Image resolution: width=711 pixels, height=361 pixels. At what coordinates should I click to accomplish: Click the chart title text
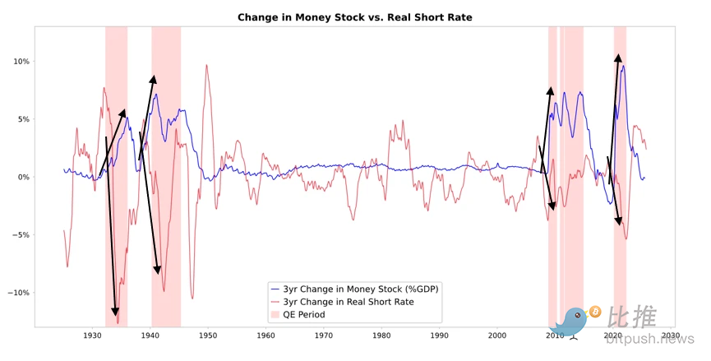coord(355,17)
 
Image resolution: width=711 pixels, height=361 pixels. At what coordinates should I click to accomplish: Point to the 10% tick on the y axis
coord(21,62)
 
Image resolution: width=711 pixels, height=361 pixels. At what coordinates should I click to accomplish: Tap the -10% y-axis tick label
coord(18,293)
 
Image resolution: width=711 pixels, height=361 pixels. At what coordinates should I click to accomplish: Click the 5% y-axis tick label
coord(22,119)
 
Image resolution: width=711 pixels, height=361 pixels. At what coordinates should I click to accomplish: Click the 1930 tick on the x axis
coord(93,336)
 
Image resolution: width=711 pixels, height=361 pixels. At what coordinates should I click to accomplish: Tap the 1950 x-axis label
coord(208,336)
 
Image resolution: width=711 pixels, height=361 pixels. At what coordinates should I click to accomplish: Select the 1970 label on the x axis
coord(324,336)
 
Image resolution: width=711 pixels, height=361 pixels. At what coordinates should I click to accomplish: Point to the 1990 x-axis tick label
coord(439,336)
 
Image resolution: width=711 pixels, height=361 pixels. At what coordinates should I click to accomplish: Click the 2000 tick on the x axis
coord(496,336)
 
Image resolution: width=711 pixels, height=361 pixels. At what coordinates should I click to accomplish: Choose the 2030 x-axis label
coord(670,336)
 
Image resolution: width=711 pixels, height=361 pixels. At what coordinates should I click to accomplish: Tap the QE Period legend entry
coord(304,314)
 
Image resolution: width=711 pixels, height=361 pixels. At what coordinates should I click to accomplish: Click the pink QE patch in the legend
coord(275,314)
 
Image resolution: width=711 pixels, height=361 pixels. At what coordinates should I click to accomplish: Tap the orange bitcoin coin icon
coord(594,312)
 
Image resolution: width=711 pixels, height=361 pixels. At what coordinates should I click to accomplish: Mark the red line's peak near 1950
coord(207,66)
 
